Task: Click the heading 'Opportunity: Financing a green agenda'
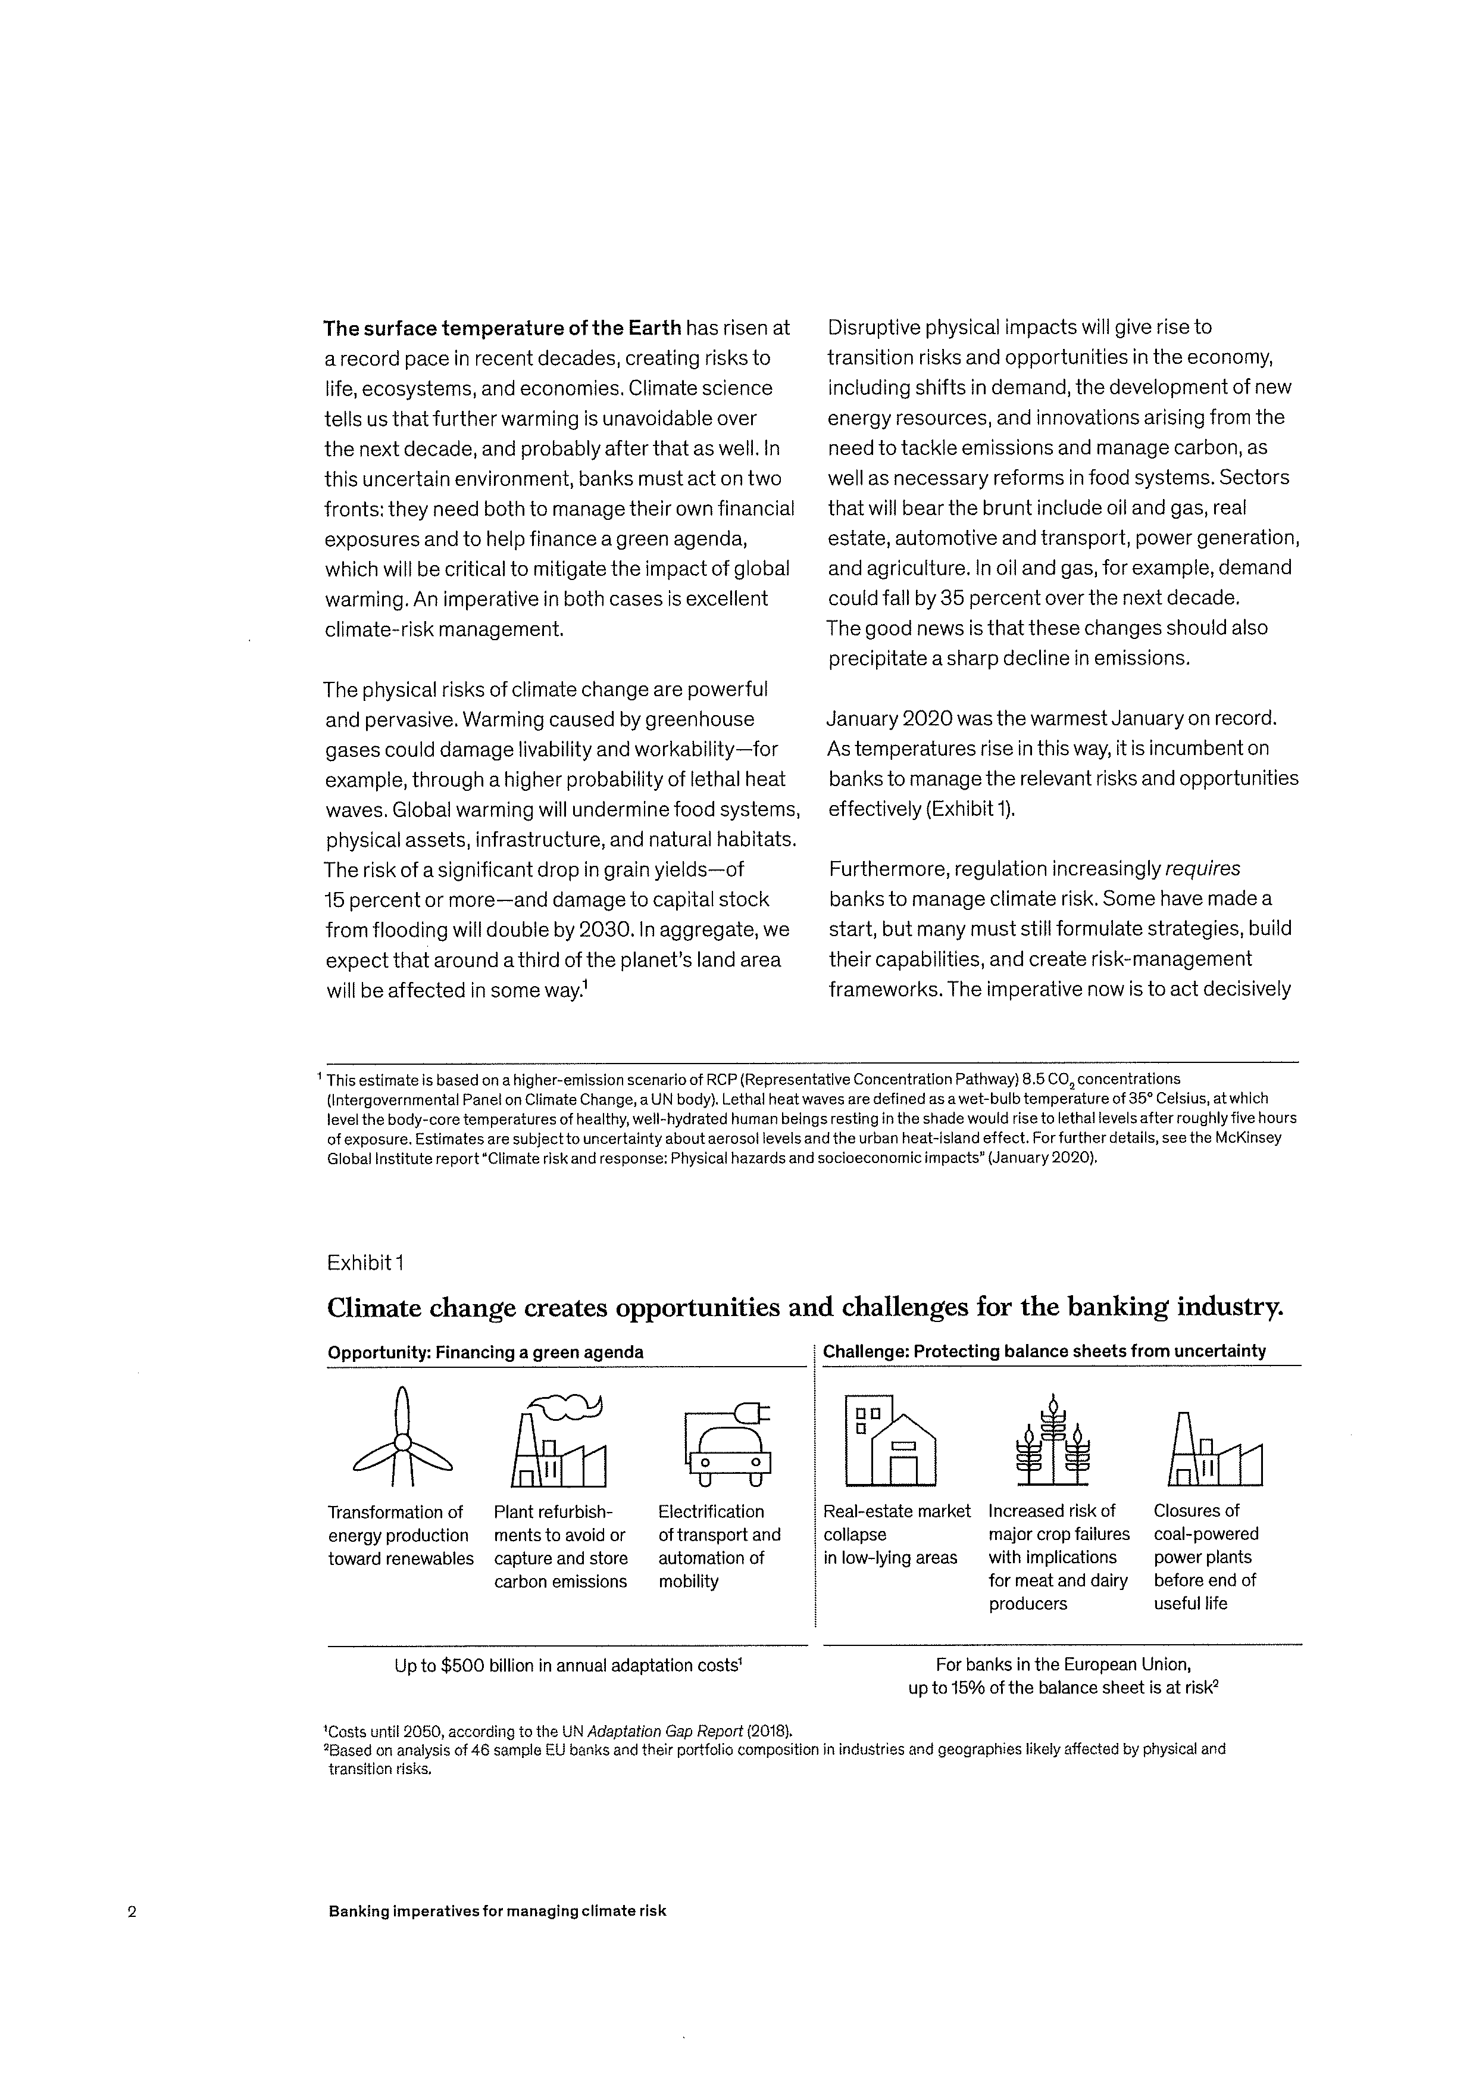point(484,1352)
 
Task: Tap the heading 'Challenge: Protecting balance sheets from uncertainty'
point(1044,1351)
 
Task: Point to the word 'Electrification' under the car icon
point(710,1511)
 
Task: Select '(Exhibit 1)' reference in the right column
point(970,809)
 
